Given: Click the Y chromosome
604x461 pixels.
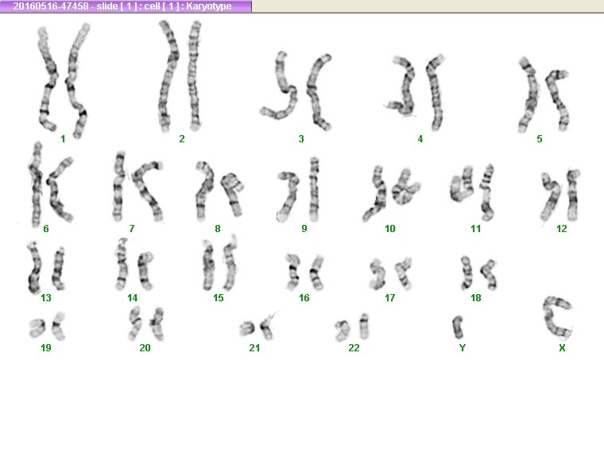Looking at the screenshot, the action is click(458, 327).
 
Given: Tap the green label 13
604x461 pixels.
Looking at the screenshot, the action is click(46, 298).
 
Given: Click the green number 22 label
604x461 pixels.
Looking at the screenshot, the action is click(354, 348).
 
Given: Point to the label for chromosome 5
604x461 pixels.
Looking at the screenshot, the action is click(540, 138).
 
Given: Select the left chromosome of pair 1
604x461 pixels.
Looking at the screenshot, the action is click(48, 79).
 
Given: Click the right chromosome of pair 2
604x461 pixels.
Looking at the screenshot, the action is click(195, 75).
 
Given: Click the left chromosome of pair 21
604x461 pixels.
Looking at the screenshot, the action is click(247, 328).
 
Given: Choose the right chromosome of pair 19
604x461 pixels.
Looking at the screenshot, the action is click(58, 327).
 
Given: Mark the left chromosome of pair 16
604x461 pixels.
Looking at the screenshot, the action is click(292, 272).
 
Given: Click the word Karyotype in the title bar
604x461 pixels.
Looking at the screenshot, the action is click(209, 6).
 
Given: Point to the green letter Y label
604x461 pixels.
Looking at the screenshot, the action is click(463, 348).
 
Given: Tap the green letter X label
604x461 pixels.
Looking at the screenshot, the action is click(562, 348).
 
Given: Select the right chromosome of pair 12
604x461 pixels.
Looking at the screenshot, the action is click(573, 196).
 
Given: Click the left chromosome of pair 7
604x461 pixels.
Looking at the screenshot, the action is click(119, 187).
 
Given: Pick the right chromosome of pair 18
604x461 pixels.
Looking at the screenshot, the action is click(489, 274).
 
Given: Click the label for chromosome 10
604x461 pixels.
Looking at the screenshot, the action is click(390, 229).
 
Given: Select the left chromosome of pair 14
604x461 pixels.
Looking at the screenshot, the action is click(122, 265).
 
